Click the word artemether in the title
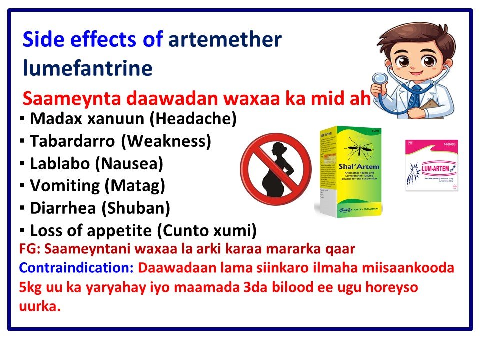[225, 39]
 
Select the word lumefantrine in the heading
[87, 68]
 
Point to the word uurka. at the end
[39, 306]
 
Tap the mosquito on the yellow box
[357, 148]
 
